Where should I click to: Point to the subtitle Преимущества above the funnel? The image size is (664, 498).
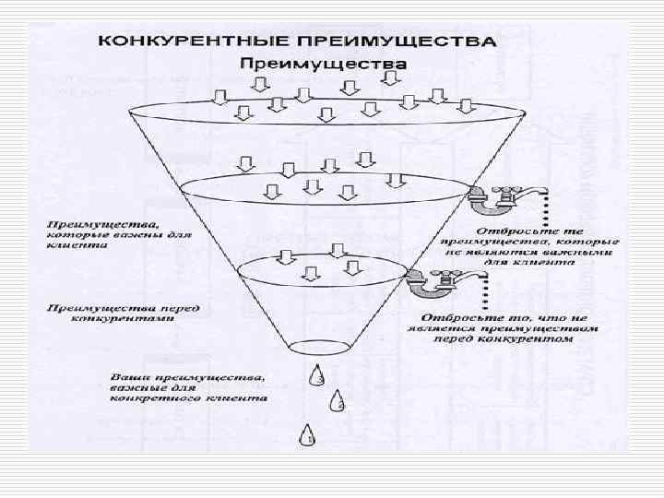[323, 64]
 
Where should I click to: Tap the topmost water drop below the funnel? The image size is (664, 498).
[317, 375]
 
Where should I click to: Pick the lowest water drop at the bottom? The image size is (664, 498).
[306, 436]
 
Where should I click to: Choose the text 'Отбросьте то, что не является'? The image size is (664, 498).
[504, 328]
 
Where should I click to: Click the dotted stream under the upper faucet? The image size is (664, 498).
[547, 208]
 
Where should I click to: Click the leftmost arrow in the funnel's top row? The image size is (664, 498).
[217, 96]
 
